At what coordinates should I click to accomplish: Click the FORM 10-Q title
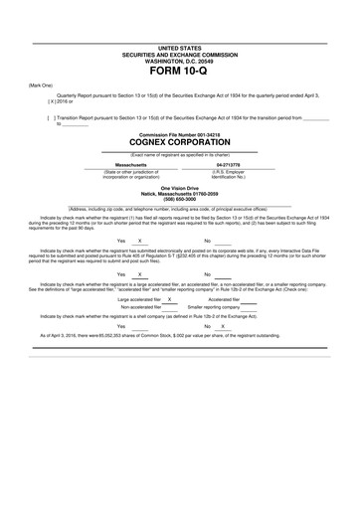[179, 72]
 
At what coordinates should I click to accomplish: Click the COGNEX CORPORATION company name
[179, 142]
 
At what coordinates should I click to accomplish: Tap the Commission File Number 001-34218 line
[179, 132]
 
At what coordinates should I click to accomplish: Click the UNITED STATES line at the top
[179, 47]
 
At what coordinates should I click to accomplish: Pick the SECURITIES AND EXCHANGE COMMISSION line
[179, 53]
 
